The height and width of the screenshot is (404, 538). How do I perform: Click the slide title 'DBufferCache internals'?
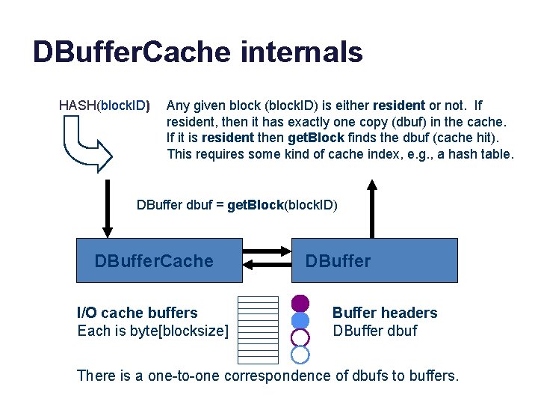pos(197,52)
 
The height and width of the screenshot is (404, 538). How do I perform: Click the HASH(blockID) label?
pos(105,105)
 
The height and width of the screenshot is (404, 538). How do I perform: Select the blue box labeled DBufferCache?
pos(160,260)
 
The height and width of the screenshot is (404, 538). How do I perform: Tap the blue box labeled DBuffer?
pos(374,260)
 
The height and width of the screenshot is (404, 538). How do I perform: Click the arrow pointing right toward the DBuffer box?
pos(267,252)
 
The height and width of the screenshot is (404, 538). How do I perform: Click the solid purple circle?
pos(300,303)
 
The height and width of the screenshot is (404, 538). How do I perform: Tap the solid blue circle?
pos(300,320)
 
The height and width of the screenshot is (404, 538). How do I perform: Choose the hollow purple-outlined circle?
pos(300,337)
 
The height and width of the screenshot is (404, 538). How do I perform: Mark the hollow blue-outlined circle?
pos(300,354)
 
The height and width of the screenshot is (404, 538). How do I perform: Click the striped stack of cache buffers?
pos(257,329)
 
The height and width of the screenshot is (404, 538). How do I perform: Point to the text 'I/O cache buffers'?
pos(137,313)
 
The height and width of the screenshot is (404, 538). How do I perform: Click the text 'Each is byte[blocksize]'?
pos(153,330)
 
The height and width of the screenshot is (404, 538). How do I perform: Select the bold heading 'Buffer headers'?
pos(385,313)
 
